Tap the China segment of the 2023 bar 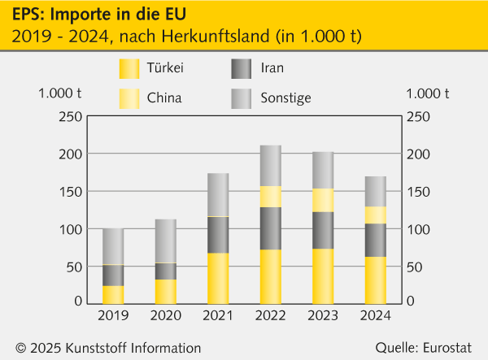click(323, 200)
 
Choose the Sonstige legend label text click(285, 98)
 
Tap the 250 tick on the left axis click(70, 117)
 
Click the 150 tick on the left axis click(70, 192)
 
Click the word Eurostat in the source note click(449, 347)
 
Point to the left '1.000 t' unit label click(59, 93)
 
